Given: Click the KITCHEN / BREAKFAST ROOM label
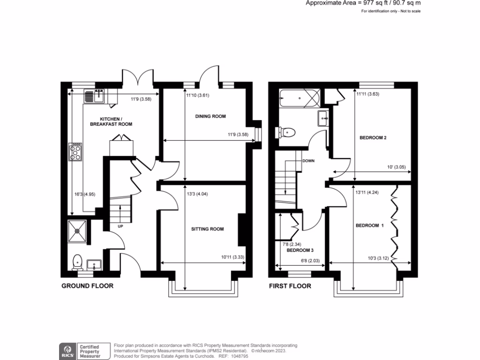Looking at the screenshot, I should tap(111, 121).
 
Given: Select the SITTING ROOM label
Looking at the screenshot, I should tap(207, 229).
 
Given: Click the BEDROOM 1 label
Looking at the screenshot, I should tap(369, 225).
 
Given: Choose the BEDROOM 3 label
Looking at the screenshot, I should tap(300, 250).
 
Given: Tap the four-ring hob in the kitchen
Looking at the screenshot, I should tap(75, 152).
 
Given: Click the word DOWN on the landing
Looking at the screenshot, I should tap(308, 161).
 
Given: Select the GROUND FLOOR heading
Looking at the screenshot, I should tap(88, 285).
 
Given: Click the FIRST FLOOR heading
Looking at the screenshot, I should tap(290, 285).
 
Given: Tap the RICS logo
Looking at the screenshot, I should tap(67, 349).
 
